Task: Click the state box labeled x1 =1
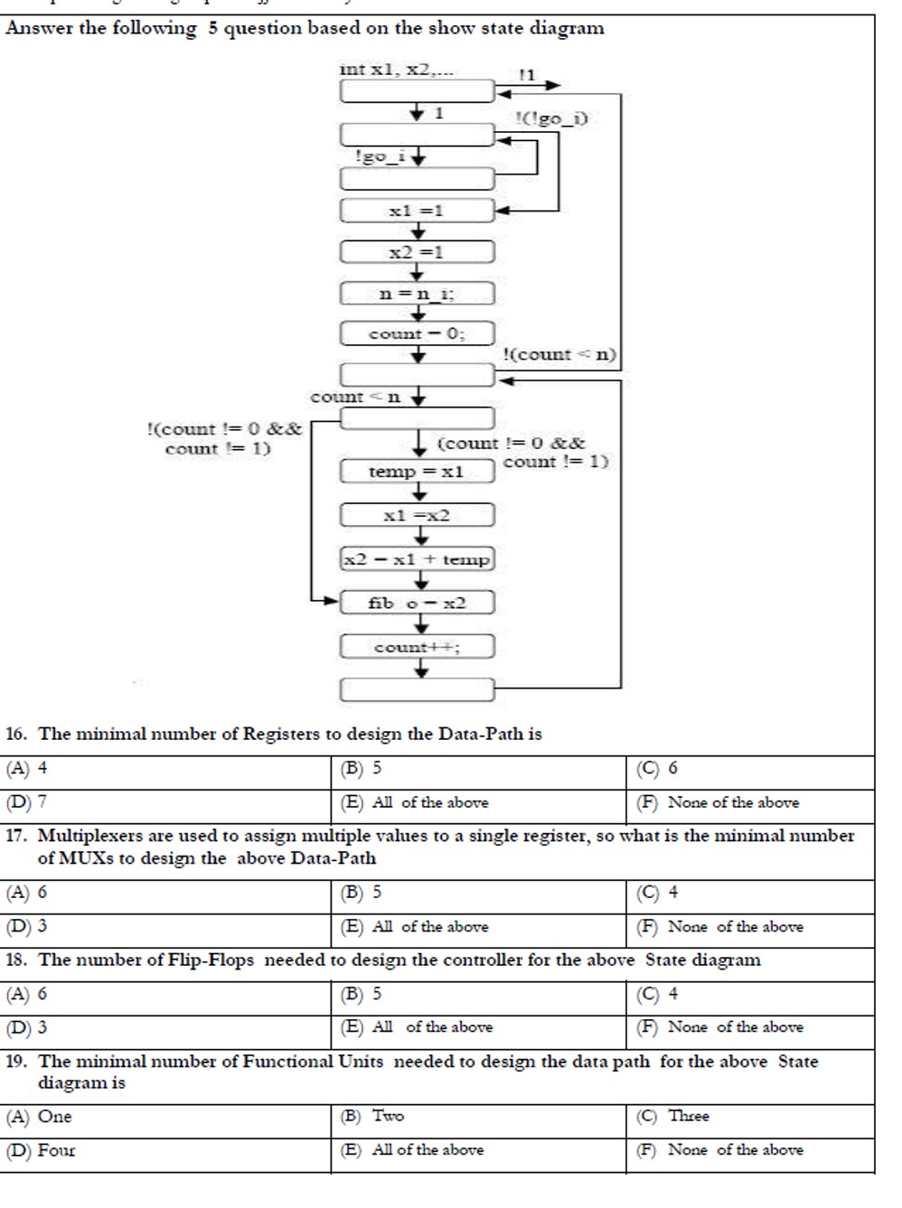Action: click(417, 211)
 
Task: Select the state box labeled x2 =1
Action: click(417, 252)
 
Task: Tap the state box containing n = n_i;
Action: click(417, 294)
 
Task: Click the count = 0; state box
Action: click(417, 333)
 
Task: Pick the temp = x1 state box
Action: click(417, 472)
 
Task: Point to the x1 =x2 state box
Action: click(417, 516)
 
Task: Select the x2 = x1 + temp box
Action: click(417, 559)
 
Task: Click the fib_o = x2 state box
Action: click(417, 603)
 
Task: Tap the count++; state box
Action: click(417, 647)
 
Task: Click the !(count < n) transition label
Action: click(559, 354)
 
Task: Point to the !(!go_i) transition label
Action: click(551, 118)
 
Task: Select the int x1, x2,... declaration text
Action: click(397, 69)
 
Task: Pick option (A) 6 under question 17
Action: click(27, 893)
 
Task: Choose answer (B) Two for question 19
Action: click(372, 1116)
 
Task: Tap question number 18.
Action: click(15, 960)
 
